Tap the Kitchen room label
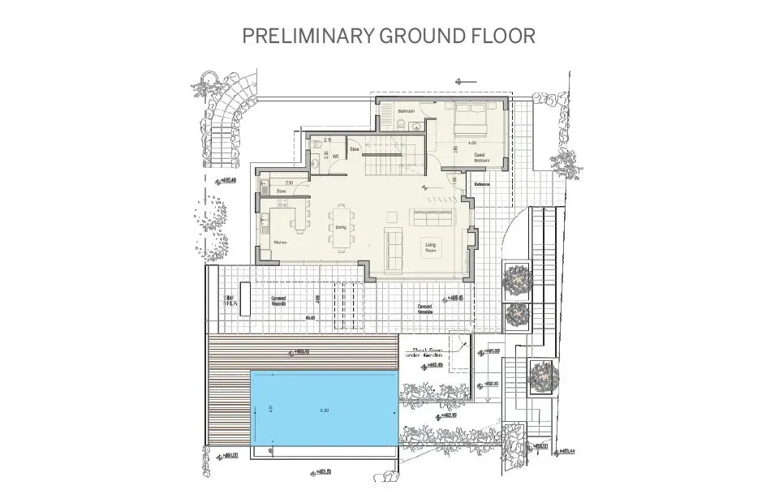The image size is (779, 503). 281,242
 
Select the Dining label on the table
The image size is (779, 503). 342,228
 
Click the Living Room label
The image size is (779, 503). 433,247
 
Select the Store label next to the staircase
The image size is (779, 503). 355,149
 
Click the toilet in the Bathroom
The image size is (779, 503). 402,124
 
